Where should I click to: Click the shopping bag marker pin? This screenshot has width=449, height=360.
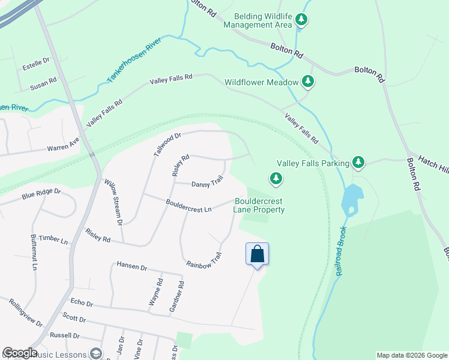(x=257, y=254)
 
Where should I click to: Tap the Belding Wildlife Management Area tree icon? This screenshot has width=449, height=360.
(x=301, y=20)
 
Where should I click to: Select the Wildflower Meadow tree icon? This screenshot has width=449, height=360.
(x=308, y=81)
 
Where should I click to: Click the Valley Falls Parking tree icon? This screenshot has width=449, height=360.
(x=358, y=162)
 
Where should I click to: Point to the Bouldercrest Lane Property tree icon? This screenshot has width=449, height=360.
(x=276, y=178)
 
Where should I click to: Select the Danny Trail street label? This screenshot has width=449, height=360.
(x=207, y=181)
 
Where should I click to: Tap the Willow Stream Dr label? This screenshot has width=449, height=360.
(x=113, y=202)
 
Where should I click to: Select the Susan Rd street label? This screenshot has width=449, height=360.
(x=43, y=83)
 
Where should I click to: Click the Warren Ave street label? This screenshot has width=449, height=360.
(x=63, y=146)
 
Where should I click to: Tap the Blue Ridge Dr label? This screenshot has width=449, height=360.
(x=41, y=193)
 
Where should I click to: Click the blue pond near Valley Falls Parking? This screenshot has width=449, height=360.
(x=352, y=200)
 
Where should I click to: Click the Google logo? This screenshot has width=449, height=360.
(x=20, y=353)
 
